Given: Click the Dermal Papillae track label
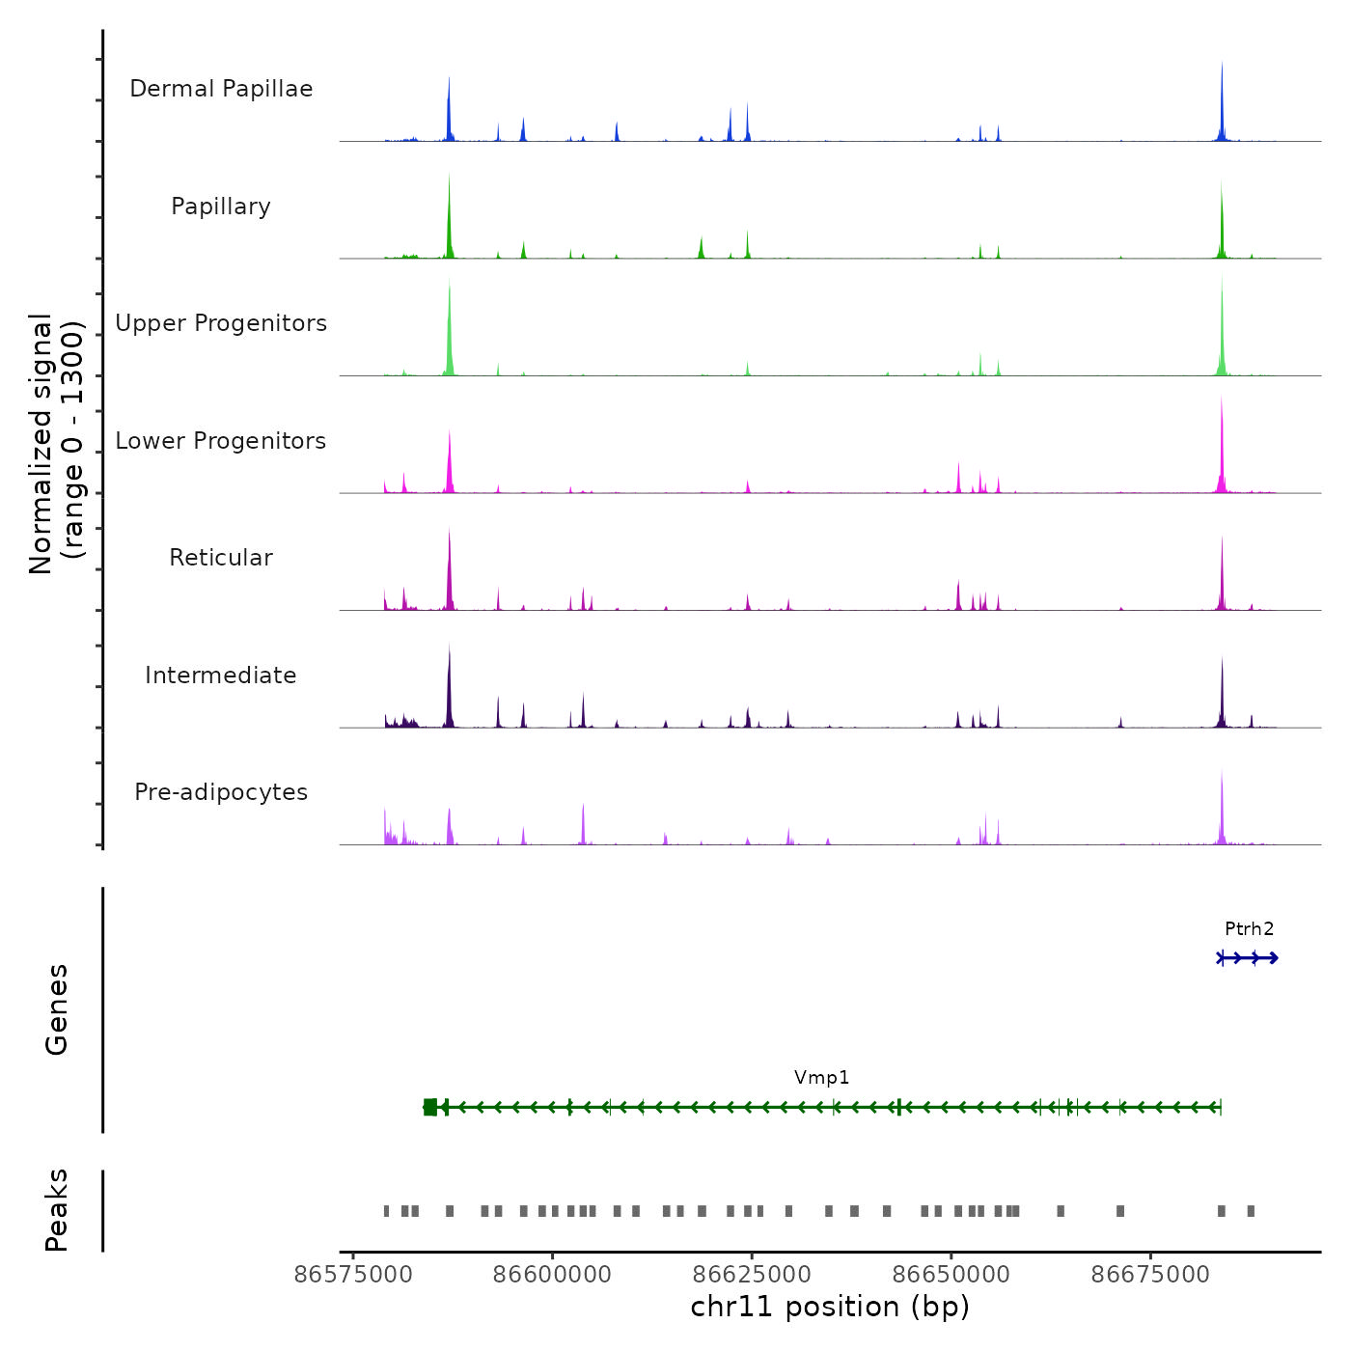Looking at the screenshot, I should tap(221, 89).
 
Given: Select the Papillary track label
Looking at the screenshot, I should tap(221, 207).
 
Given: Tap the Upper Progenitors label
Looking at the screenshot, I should tap(221, 323).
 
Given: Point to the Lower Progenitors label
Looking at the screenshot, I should tap(221, 441).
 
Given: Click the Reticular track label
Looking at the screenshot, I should tap(221, 558).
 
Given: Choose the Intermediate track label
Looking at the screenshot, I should tap(221, 675).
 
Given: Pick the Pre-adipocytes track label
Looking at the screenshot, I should tap(221, 792).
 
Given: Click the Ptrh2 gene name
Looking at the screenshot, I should tap(1249, 929).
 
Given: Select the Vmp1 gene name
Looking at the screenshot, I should tap(821, 1078).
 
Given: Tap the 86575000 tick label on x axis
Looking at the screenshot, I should tap(353, 1275).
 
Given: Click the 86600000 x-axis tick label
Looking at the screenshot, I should tap(552, 1275).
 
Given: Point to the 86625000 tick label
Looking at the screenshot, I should tap(752, 1275).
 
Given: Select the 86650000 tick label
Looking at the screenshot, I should tap(951, 1275).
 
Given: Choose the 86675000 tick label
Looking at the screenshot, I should tap(1150, 1275).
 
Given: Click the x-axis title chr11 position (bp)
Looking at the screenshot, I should tap(830, 1307).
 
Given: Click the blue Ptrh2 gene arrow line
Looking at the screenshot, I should tap(1249, 957).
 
